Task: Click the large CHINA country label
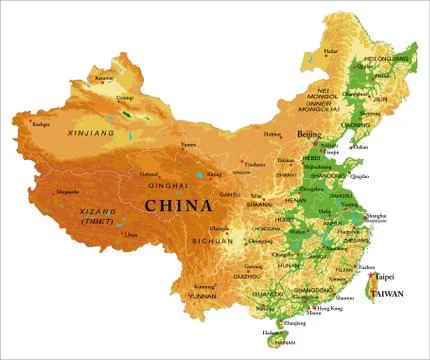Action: [x=179, y=206]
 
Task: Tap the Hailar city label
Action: [x=331, y=50]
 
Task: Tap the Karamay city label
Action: [x=104, y=77]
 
